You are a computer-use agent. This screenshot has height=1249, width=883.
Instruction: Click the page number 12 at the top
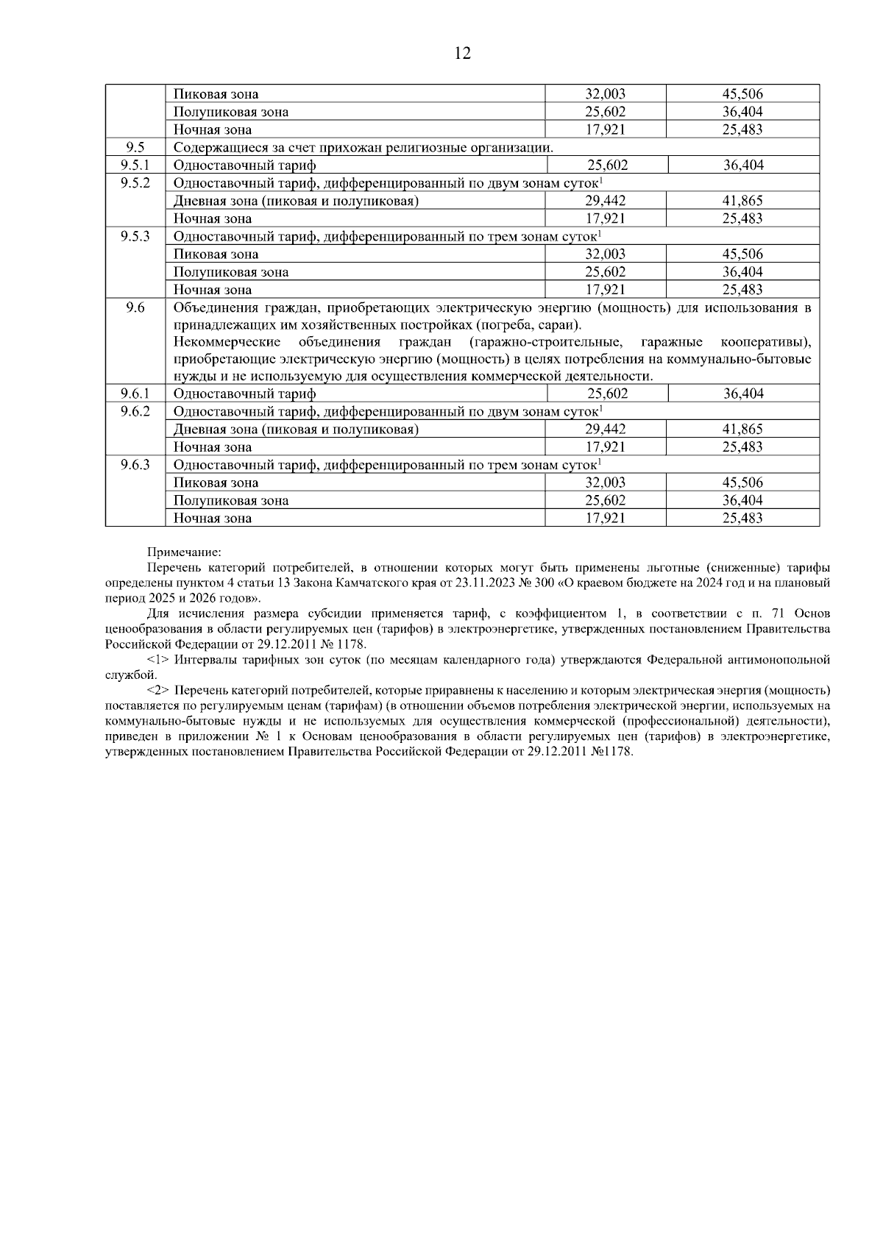tap(463, 54)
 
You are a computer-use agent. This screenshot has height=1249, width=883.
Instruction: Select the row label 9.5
tap(135, 147)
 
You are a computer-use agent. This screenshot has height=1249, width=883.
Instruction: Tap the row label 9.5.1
tap(135, 166)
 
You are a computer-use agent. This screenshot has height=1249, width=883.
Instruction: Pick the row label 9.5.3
tap(135, 236)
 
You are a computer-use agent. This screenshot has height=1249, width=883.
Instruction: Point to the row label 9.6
tap(135, 307)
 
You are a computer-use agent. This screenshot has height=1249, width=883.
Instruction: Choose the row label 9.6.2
tap(135, 411)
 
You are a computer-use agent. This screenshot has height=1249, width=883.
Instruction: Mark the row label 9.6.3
tap(135, 465)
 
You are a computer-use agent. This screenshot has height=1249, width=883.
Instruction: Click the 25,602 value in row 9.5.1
tap(607, 166)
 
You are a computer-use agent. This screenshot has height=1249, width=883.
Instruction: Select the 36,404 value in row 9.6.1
tap(743, 394)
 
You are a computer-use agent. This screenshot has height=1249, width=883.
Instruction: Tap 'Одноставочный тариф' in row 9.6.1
tap(244, 394)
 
